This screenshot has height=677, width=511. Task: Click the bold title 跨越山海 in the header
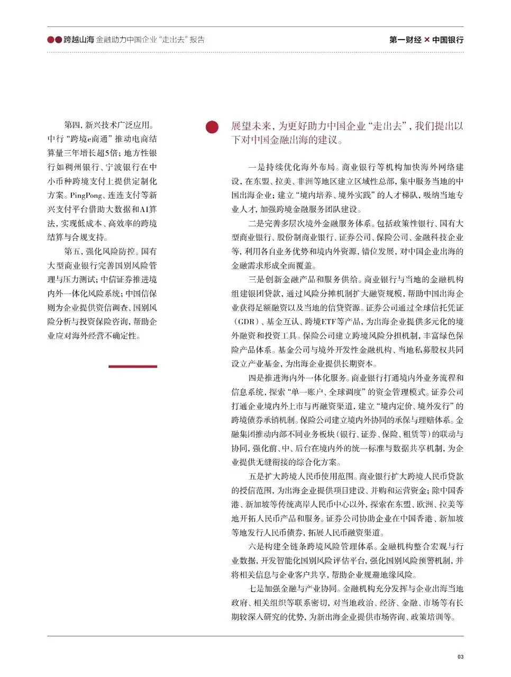tap(78, 40)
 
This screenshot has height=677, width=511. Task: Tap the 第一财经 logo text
tap(405, 40)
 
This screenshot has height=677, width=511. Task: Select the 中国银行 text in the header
tap(448, 40)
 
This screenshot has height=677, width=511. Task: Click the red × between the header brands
tap(427, 40)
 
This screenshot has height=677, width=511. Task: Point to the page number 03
tap(460, 657)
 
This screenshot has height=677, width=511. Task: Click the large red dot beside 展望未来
tap(212, 127)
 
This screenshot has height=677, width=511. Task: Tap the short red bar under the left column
tap(133, 366)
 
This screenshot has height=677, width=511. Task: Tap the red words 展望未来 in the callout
tap(251, 126)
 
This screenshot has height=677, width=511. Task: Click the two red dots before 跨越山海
tap(54, 40)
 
